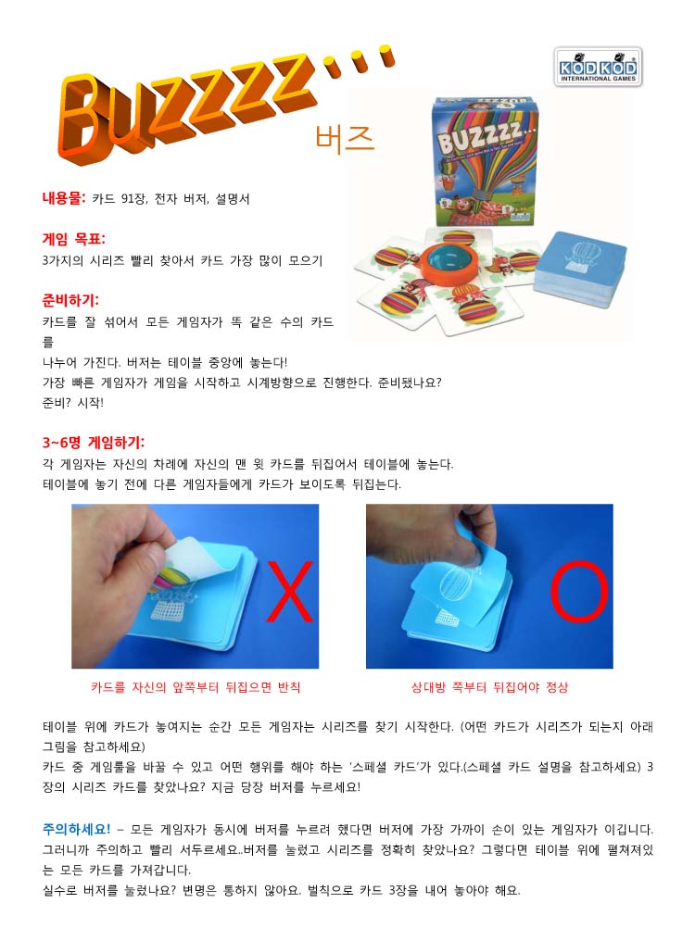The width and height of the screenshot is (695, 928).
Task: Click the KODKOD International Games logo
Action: pos(598,67)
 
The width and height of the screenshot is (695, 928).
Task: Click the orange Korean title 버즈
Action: pos(345,139)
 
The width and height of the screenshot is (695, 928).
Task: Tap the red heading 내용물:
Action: pos(64,198)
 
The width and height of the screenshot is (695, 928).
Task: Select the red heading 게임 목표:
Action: pos(73,239)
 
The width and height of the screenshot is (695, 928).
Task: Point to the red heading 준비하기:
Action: pos(70,300)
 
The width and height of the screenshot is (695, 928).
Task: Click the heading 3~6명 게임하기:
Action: pos(93,443)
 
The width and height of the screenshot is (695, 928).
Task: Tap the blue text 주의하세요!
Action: pos(76,829)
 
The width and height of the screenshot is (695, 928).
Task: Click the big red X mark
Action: pos(289,592)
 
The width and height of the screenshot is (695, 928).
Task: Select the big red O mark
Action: pos(578,591)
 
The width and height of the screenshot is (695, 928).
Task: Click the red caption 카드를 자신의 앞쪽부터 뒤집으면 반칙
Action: pos(196,687)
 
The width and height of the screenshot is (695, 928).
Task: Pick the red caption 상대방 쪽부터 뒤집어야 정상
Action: pos(489,687)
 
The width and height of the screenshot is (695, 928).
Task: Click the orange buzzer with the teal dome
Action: pos(451,261)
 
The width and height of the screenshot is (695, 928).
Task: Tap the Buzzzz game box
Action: pos(485,161)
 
